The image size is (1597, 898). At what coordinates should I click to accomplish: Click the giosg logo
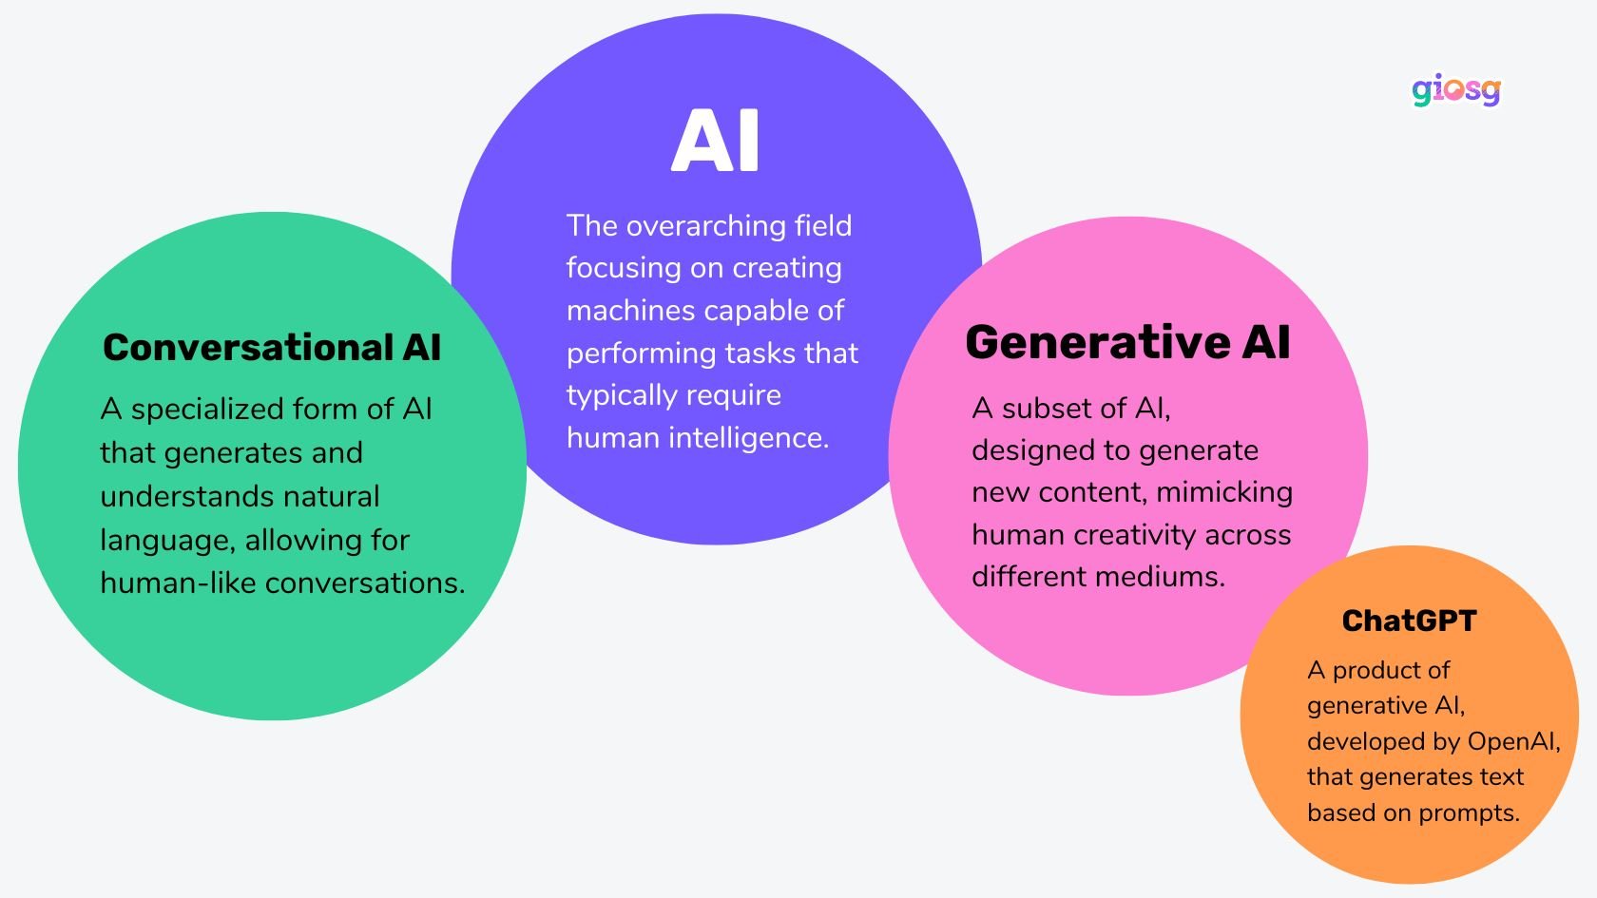1455,91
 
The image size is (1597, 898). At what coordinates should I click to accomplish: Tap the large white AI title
716,141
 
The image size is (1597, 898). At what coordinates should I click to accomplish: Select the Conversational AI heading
272,348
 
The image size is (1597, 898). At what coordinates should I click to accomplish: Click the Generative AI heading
1127,342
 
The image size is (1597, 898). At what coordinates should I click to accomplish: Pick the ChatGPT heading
1409,621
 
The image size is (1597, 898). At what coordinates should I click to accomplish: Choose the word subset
1050,409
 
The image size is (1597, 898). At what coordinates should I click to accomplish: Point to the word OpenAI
1513,741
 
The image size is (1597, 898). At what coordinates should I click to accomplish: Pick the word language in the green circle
167,541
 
